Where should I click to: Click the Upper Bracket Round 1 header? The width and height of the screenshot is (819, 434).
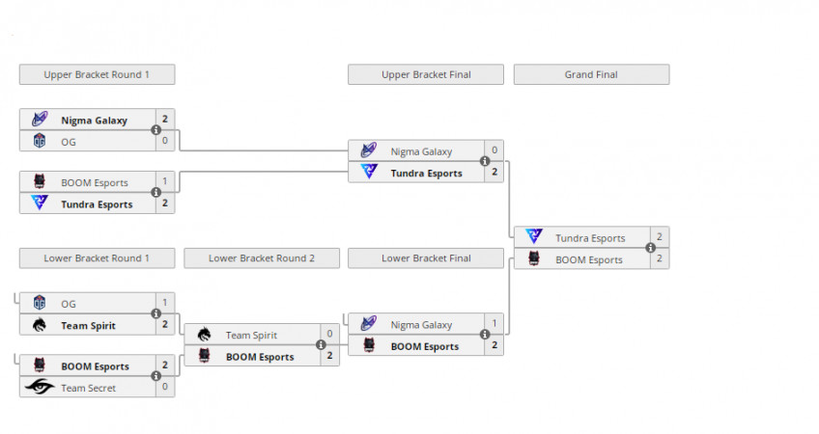pos(97,74)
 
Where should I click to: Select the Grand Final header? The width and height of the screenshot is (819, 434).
pos(591,74)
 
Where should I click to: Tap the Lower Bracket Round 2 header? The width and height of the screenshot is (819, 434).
pos(261,258)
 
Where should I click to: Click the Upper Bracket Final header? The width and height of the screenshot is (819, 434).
pos(426,74)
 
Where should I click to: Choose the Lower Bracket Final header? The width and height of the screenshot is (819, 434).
pos(426,258)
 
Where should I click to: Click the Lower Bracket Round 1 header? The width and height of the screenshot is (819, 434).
pos(97,258)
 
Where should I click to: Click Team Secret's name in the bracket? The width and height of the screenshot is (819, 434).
pos(88,388)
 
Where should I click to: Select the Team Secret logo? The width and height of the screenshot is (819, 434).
pos(40,388)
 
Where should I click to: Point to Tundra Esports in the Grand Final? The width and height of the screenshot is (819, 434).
pos(589,237)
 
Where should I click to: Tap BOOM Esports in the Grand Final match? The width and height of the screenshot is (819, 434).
pos(589,259)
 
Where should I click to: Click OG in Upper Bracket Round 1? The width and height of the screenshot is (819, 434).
pos(69,142)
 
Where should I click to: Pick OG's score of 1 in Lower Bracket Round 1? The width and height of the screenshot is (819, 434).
pos(165,303)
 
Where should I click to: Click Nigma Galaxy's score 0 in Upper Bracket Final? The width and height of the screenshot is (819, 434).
pos(494,150)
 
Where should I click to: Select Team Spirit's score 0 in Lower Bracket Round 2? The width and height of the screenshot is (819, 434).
pos(329,334)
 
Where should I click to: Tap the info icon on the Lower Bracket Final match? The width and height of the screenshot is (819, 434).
pos(485,336)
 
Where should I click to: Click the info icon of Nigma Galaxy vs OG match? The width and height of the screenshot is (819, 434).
pos(155,130)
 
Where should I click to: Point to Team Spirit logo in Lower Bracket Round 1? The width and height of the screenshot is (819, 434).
pos(40,325)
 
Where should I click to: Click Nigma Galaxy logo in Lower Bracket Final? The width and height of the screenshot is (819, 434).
pos(368,324)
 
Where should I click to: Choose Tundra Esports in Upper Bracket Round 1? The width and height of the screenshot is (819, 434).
pos(97,204)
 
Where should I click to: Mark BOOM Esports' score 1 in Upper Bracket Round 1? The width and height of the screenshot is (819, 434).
pos(165,181)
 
